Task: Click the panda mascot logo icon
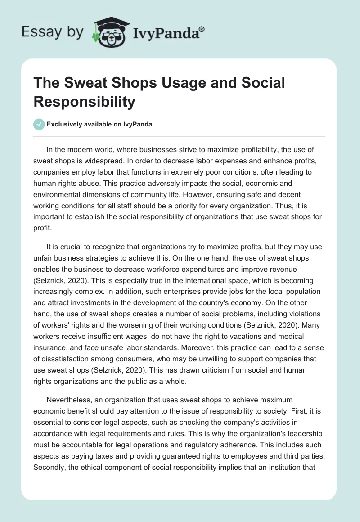tap(108, 32)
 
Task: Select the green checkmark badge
tap(39, 124)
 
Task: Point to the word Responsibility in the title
tap(84, 102)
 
